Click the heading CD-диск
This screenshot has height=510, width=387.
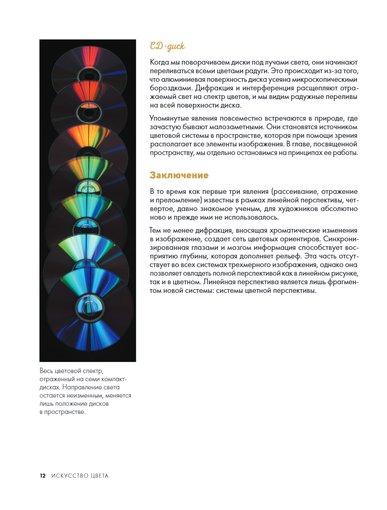click(x=167, y=46)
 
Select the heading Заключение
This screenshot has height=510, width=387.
click(x=179, y=175)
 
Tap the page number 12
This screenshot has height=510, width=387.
click(x=43, y=476)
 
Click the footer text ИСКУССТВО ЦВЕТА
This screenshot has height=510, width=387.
click(x=80, y=476)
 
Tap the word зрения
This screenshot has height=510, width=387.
click(x=346, y=136)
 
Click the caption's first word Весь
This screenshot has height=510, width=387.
click(x=47, y=371)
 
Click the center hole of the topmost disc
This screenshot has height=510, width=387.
click(x=89, y=75)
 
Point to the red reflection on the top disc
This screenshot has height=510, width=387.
click(x=88, y=57)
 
